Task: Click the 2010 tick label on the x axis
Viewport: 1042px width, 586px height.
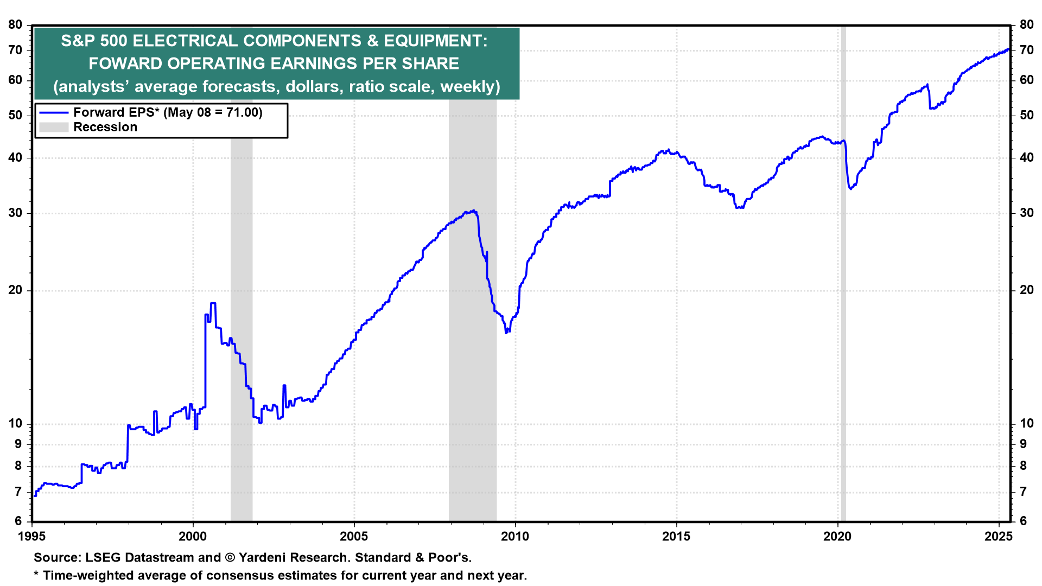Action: coord(514,537)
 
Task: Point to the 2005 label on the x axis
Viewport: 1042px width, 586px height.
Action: coord(353,537)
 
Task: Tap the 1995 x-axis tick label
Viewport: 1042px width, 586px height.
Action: coord(32,537)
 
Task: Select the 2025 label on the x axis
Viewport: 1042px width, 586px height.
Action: coord(999,537)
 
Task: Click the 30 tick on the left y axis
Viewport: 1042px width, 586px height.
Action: coord(15,213)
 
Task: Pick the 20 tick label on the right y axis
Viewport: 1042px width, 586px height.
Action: coord(1026,290)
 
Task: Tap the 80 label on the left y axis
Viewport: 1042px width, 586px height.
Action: coord(15,24)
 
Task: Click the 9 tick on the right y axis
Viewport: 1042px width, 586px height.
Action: coord(1023,444)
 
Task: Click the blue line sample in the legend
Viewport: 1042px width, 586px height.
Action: coord(54,112)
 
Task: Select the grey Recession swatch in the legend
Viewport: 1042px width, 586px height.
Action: coord(54,127)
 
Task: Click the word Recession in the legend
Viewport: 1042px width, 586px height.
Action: coord(105,127)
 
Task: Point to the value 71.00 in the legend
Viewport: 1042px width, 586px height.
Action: coord(243,112)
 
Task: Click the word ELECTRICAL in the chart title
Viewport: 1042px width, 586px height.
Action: coord(185,41)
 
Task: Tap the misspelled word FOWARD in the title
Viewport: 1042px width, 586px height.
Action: coord(125,63)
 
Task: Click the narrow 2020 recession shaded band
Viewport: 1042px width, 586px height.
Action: coord(843,271)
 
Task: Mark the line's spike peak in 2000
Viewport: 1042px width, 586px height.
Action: coord(213,303)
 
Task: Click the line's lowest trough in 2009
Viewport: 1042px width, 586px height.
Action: coord(506,332)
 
